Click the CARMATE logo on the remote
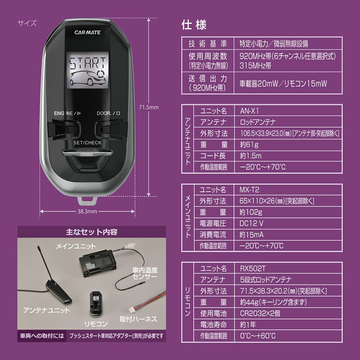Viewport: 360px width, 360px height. pyautogui.click(x=87, y=32)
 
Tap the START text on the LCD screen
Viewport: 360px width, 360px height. pyautogui.click(x=87, y=64)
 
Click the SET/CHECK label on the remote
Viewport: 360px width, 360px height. pyautogui.click(x=87, y=142)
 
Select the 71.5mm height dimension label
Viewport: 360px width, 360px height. pyautogui.click(x=149, y=107)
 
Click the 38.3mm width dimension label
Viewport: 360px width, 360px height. pyautogui.click(x=87, y=212)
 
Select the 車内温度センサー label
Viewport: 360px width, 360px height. pyautogui.click(x=145, y=274)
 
